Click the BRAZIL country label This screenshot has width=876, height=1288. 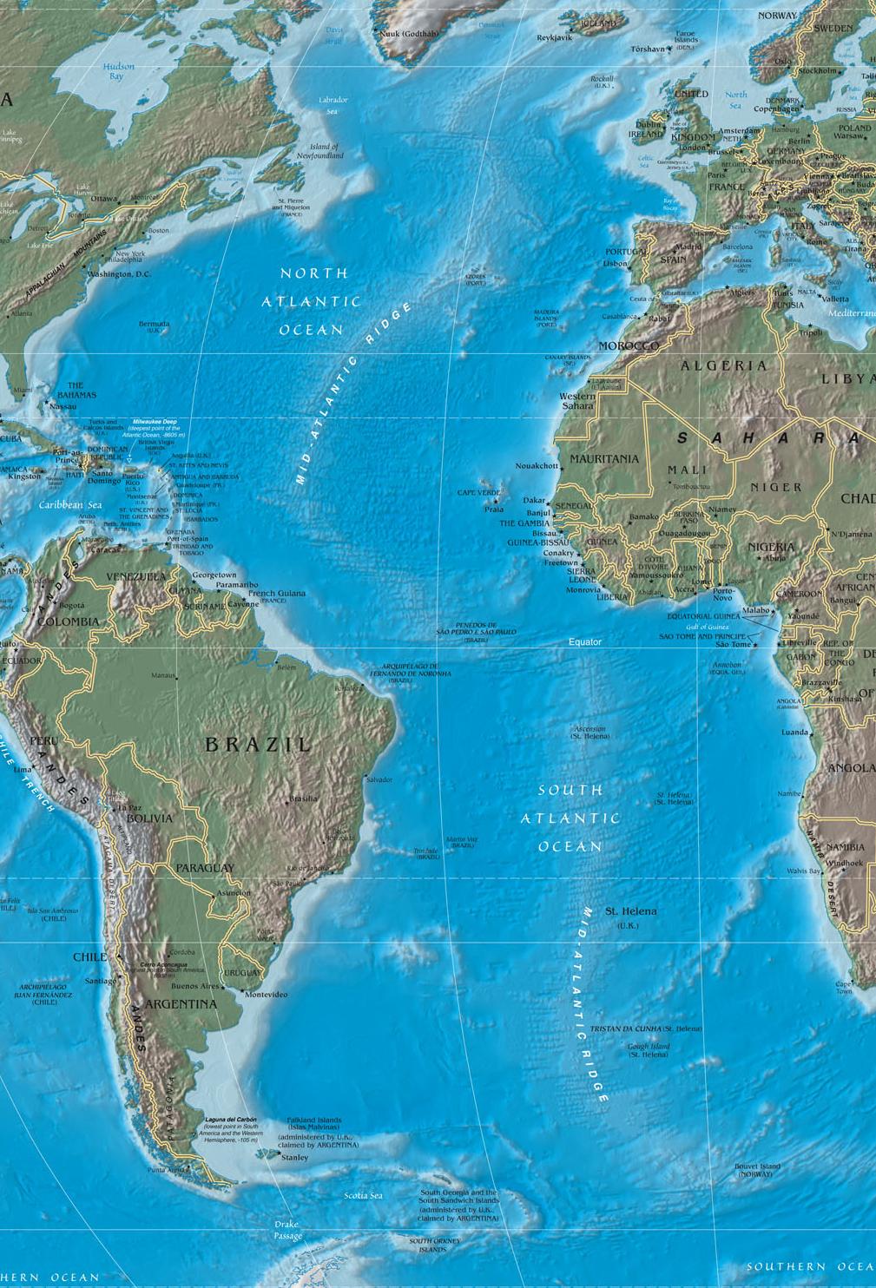tap(257, 744)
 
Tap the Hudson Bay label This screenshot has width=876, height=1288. tap(118, 71)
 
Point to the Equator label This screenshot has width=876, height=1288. tap(584, 641)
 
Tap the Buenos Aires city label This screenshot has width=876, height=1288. tap(197, 987)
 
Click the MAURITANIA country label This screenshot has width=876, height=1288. tap(604, 458)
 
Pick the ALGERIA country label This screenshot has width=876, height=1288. tap(723, 365)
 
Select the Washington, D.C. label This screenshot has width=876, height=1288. tap(119, 274)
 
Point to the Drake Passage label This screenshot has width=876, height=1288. tap(288, 1230)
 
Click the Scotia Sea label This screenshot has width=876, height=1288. tap(363, 1195)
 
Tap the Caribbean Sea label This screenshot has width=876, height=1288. tap(70, 504)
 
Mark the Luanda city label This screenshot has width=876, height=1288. tap(795, 733)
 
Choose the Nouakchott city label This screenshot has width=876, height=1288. tap(537, 466)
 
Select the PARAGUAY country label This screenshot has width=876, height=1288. tap(205, 868)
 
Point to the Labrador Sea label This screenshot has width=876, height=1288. tap(333, 105)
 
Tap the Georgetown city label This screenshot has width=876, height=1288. tap(214, 575)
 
